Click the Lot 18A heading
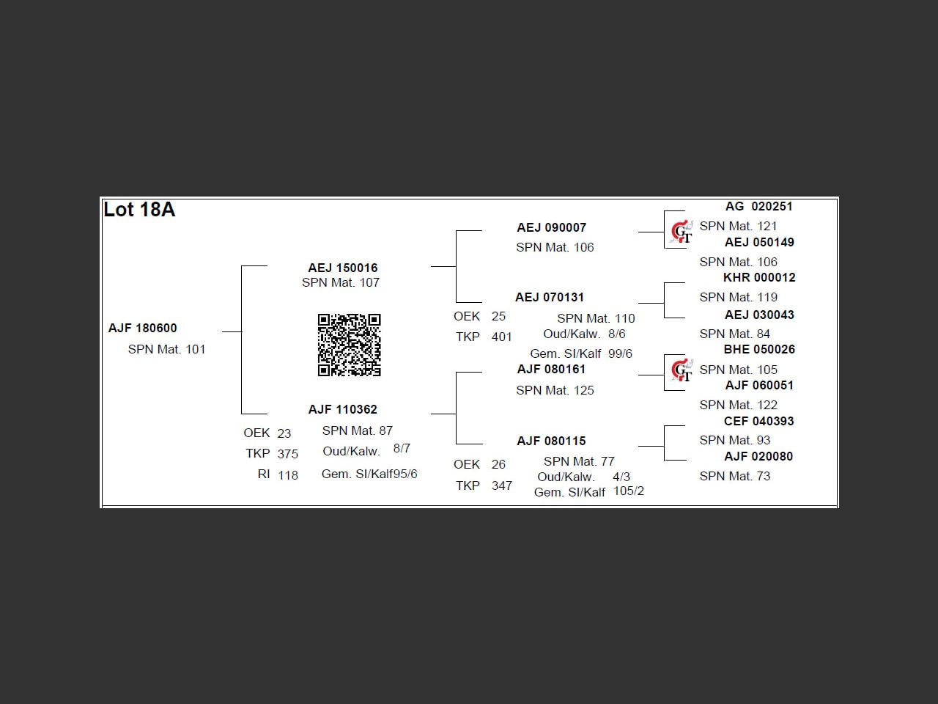139,210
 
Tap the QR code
349,345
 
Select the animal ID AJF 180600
142,328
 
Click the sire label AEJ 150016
342,268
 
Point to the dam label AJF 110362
342,409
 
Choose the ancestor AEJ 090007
551,227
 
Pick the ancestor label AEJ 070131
549,297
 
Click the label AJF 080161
551,369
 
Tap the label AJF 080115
551,441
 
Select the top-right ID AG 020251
758,206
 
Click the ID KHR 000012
758,277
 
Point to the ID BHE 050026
758,349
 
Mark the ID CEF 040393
758,421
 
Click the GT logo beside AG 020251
682,232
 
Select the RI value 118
288,475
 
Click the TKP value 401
501,337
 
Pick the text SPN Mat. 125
555,390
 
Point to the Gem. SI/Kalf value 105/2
628,491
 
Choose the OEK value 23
284,433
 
